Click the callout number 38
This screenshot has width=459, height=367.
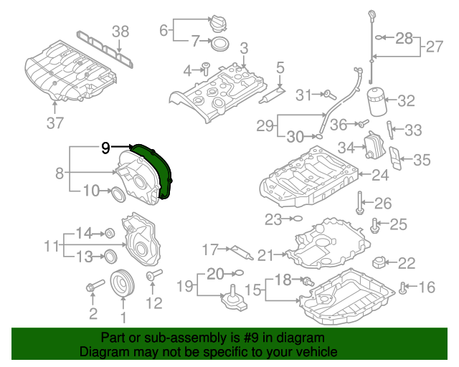click(x=120, y=32)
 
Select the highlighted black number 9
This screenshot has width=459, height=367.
click(x=105, y=148)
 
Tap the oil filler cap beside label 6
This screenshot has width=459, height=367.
click(x=217, y=23)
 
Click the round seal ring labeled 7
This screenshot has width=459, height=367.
click(x=220, y=44)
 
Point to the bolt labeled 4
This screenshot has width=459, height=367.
click(x=206, y=69)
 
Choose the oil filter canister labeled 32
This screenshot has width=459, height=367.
click(x=377, y=101)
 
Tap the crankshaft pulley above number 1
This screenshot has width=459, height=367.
click(x=123, y=283)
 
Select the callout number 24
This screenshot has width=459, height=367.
click(x=380, y=175)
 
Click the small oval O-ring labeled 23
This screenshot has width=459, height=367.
click(x=297, y=219)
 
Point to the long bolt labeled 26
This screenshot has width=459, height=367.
click(x=359, y=203)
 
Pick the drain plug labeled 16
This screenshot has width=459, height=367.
click(x=403, y=287)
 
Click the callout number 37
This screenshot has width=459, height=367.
click(x=55, y=123)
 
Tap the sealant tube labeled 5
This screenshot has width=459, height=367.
click(x=272, y=95)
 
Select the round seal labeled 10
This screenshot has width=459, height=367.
click(x=118, y=195)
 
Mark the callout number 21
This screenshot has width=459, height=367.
click(x=265, y=255)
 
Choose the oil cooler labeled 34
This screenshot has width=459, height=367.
click(x=373, y=145)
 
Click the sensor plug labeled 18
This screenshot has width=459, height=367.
click(x=308, y=281)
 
